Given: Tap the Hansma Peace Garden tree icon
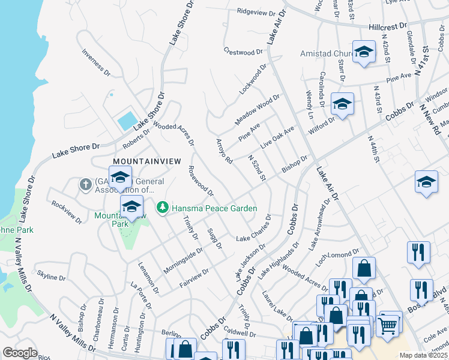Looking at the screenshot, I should click(161, 208).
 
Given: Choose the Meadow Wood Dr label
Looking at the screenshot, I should click(258, 109).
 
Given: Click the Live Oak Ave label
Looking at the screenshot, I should click(277, 137).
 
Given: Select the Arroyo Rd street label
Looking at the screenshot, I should click(224, 151).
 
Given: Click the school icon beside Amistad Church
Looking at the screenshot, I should click(363, 52).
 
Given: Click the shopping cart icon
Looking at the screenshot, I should click(388, 326).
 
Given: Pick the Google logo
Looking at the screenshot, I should click(19, 353).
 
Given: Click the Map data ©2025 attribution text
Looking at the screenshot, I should click(423, 355).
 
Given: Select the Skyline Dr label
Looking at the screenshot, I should click(51, 277).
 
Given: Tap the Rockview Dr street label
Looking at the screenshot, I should click(67, 212).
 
